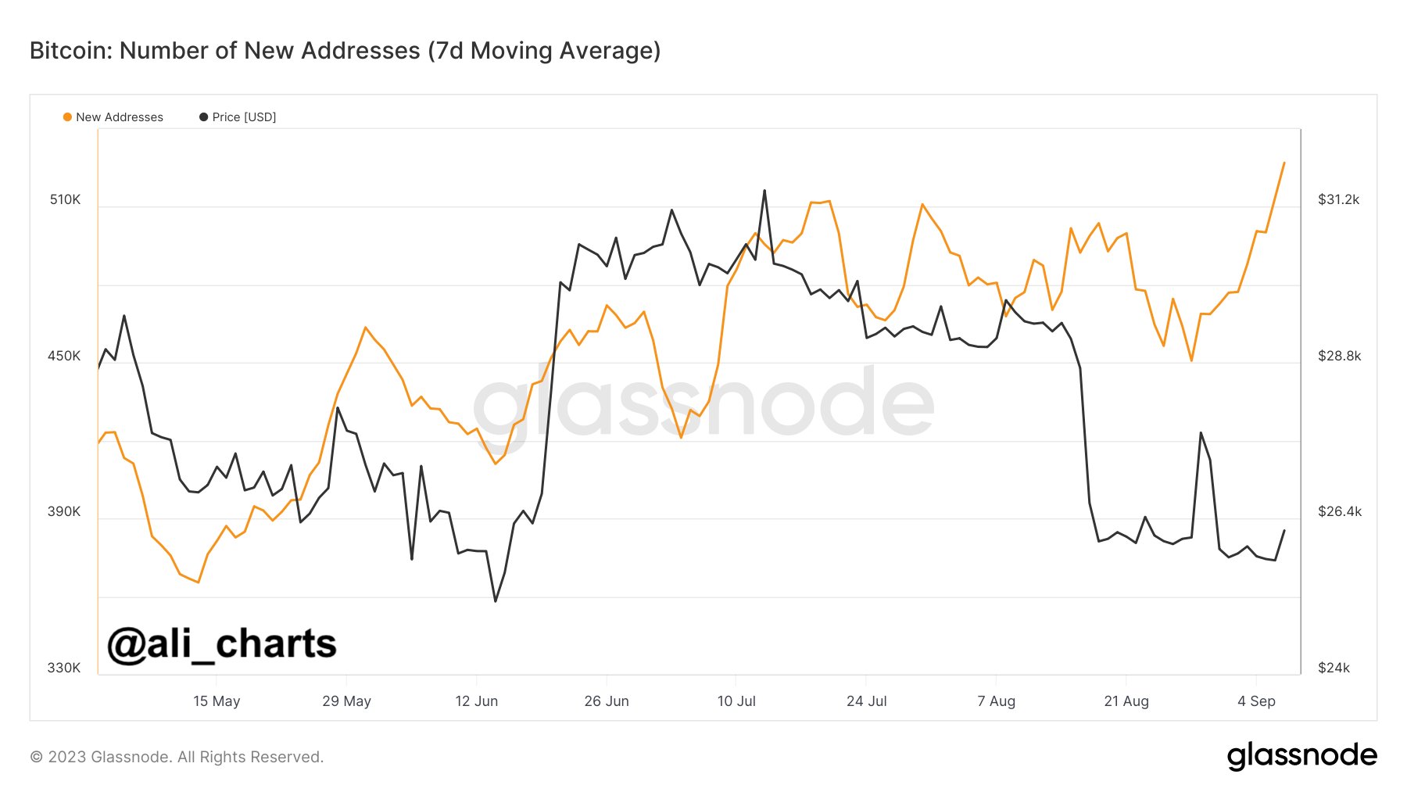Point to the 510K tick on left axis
(x=65, y=199)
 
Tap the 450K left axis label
(x=64, y=356)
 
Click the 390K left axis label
(x=64, y=511)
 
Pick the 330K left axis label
(x=64, y=668)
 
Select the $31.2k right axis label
(x=1338, y=199)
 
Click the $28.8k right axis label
(x=1339, y=356)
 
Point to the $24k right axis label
(x=1334, y=668)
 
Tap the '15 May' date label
(x=217, y=701)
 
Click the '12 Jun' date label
(x=476, y=701)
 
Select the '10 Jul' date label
(x=736, y=701)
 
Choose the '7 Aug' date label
(x=996, y=701)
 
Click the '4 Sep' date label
(x=1256, y=701)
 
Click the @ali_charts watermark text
(x=222, y=644)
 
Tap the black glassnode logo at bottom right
(x=1301, y=755)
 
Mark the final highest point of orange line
(x=1284, y=163)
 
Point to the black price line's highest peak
(x=764, y=190)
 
